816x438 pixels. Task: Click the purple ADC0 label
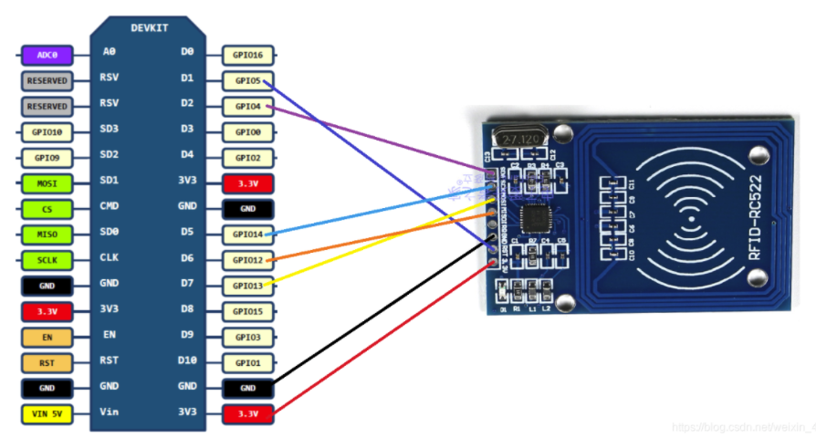pos(47,55)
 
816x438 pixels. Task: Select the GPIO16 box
pos(248,55)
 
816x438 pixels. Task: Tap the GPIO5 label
pos(248,80)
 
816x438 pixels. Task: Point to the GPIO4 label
pos(248,106)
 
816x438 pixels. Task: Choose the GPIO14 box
pos(248,235)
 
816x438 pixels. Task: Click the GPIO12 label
pos(248,260)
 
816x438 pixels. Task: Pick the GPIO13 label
pos(248,286)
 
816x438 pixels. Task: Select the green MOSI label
pos(47,183)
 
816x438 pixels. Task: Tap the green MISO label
pos(47,235)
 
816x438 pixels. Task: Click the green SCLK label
pos(47,260)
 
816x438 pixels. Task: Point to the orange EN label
pos(47,338)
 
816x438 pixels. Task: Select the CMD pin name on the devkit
pos(110,206)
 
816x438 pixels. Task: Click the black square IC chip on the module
pos(533,220)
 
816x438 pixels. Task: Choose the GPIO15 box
pos(248,311)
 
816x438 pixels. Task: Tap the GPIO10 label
pos(47,131)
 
